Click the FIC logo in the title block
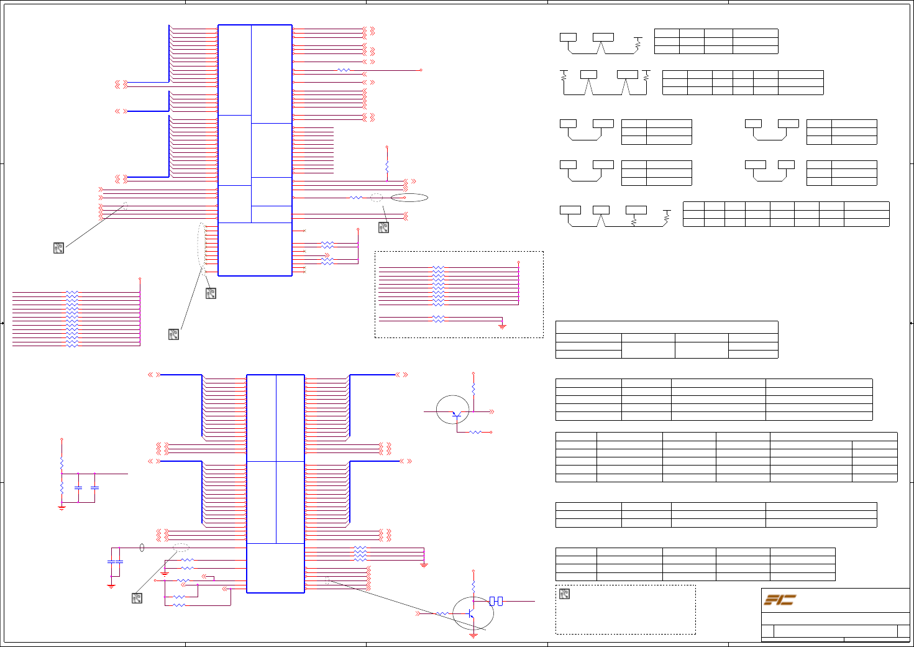click(x=780, y=600)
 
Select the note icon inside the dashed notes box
click(x=564, y=594)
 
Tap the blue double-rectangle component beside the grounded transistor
click(x=496, y=601)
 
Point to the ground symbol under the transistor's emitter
click(x=473, y=635)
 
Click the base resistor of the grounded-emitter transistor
click(x=442, y=614)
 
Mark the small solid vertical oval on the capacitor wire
click(x=142, y=548)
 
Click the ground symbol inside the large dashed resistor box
click(x=502, y=325)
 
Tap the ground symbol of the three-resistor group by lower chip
click(x=424, y=565)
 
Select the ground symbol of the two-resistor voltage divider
click(x=62, y=508)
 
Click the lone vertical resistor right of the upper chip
click(x=387, y=167)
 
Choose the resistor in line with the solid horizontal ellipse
click(x=356, y=198)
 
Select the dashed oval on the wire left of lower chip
click(x=181, y=548)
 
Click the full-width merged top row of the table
click(x=666, y=327)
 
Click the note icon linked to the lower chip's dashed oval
click(x=137, y=598)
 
